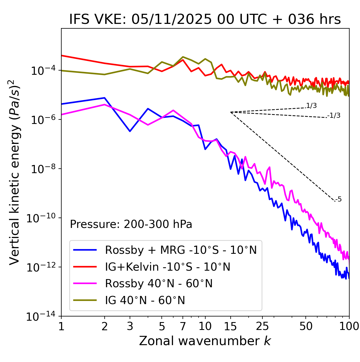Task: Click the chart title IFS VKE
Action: click(205, 19)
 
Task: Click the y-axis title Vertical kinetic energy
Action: click(15, 172)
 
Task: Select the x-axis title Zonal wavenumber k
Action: click(205, 341)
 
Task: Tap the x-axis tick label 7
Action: click(183, 326)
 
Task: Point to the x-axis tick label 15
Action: click(230, 326)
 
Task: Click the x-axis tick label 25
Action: click(262, 326)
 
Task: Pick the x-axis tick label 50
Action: click(306, 326)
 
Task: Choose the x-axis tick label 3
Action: click(130, 326)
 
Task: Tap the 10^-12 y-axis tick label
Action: click(41, 268)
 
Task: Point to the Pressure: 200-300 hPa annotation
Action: click(131, 224)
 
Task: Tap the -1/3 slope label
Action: click(334, 116)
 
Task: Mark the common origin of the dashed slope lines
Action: click(231, 112)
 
